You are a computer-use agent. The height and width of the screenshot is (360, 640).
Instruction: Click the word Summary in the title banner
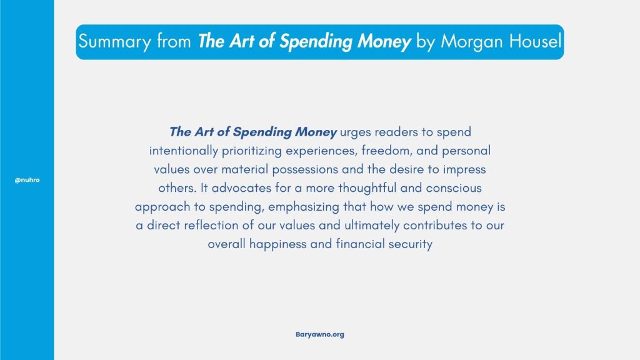pyautogui.click(x=115, y=42)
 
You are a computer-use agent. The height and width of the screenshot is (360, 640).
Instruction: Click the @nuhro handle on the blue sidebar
pyautogui.click(x=27, y=180)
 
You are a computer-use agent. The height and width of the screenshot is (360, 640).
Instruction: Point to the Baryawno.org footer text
pyautogui.click(x=319, y=335)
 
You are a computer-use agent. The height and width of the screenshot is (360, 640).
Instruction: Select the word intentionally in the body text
pyautogui.click(x=184, y=151)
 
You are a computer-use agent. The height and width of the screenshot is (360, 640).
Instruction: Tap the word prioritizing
pyautogui.click(x=252, y=151)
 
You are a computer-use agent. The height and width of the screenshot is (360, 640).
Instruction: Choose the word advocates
pyautogui.click(x=241, y=188)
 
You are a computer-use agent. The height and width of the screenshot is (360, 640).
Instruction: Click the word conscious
pyautogui.click(x=454, y=188)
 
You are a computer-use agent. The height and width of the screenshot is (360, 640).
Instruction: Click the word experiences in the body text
pyautogui.click(x=322, y=151)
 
